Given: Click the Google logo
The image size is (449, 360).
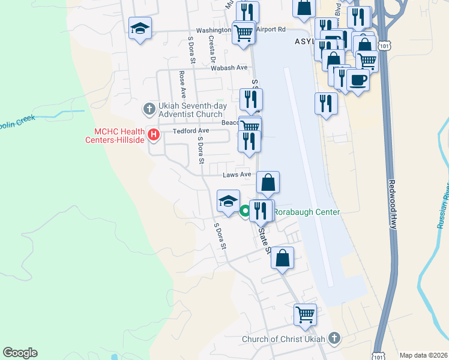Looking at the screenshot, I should coord(20,353).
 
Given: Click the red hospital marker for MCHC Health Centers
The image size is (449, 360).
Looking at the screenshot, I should coord(153,135).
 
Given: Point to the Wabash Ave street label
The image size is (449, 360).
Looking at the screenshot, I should coord(229,68).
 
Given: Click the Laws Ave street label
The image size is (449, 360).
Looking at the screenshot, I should coord(237,175).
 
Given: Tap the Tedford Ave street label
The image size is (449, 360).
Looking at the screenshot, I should coord(191,131).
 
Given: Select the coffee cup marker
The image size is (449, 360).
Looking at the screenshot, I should coord(358,80).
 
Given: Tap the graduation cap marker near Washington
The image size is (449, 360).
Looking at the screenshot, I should coord(140,28).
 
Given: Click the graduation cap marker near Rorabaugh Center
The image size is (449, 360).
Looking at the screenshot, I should coord(228,201).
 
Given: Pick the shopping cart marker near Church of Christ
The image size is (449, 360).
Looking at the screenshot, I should coord(305,314).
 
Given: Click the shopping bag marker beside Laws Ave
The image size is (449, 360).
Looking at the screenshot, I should coord(268,182).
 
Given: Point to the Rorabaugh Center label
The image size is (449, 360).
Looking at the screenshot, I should coord(307,212).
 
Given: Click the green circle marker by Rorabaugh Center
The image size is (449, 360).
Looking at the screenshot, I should coord(245,211).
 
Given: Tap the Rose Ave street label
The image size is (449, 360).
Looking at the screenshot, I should coord(182,85).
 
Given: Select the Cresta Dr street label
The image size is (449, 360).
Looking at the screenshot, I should coord(212,49).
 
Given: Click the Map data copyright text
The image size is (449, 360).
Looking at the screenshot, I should coord(424,355).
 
